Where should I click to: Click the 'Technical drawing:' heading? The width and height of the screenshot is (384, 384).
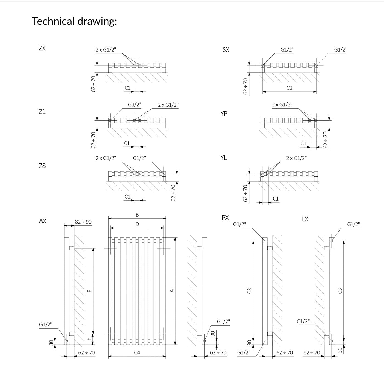click(x=74, y=21)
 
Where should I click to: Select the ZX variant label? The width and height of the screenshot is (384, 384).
click(x=42, y=48)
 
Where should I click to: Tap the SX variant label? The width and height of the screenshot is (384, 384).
click(x=226, y=50)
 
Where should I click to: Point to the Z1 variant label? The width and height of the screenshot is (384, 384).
click(x=42, y=112)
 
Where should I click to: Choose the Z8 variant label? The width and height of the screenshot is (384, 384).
click(x=42, y=166)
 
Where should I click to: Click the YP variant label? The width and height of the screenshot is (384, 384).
click(x=224, y=114)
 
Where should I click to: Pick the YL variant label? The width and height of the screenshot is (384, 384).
click(x=224, y=158)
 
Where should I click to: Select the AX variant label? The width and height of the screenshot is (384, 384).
click(x=43, y=221)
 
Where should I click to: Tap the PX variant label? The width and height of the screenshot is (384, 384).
click(x=225, y=218)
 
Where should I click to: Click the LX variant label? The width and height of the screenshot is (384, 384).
click(x=305, y=219)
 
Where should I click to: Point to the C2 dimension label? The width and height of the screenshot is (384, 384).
click(x=289, y=88)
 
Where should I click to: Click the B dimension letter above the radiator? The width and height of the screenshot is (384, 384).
click(x=137, y=215)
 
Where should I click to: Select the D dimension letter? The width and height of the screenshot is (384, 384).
click(x=137, y=224)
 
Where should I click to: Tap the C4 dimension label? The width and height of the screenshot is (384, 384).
click(x=137, y=352)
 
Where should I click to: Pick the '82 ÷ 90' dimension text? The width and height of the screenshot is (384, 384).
click(x=83, y=222)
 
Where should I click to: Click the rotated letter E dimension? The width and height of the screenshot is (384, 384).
click(x=90, y=291)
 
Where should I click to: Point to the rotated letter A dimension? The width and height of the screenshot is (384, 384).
click(x=172, y=291)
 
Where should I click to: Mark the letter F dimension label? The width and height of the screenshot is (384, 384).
click(x=89, y=339)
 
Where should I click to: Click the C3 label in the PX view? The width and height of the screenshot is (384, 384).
click(x=249, y=291)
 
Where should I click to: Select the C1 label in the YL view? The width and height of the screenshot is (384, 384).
click(x=276, y=199)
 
